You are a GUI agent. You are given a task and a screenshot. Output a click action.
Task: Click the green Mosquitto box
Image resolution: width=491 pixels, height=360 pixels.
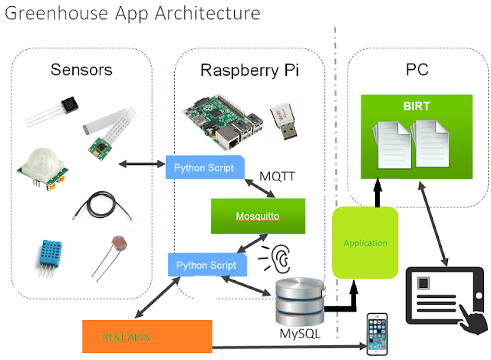pyautogui.click(x=259, y=216)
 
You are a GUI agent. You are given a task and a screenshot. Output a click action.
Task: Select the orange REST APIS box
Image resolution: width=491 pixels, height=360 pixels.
pyautogui.click(x=146, y=335)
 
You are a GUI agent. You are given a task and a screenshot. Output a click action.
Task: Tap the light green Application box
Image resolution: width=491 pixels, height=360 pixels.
pyautogui.click(x=366, y=242)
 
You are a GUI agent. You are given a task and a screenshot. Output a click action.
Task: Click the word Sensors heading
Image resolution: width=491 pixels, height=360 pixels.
pyautogui.click(x=81, y=70)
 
